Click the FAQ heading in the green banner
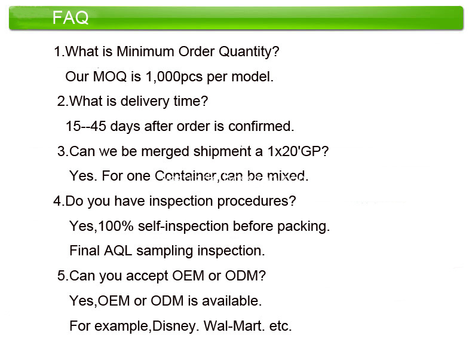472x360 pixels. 71,17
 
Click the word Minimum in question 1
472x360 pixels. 145,51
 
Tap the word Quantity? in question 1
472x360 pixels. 249,52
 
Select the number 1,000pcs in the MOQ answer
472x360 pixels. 174,77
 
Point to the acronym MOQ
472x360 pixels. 110,77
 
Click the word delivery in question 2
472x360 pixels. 145,101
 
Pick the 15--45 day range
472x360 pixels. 86,126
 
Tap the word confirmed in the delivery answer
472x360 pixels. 261,126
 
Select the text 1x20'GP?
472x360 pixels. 298,151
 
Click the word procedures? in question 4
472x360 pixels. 256,202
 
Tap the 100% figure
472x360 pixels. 115,226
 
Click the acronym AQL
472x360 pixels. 118,251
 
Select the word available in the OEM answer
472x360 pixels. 232,301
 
